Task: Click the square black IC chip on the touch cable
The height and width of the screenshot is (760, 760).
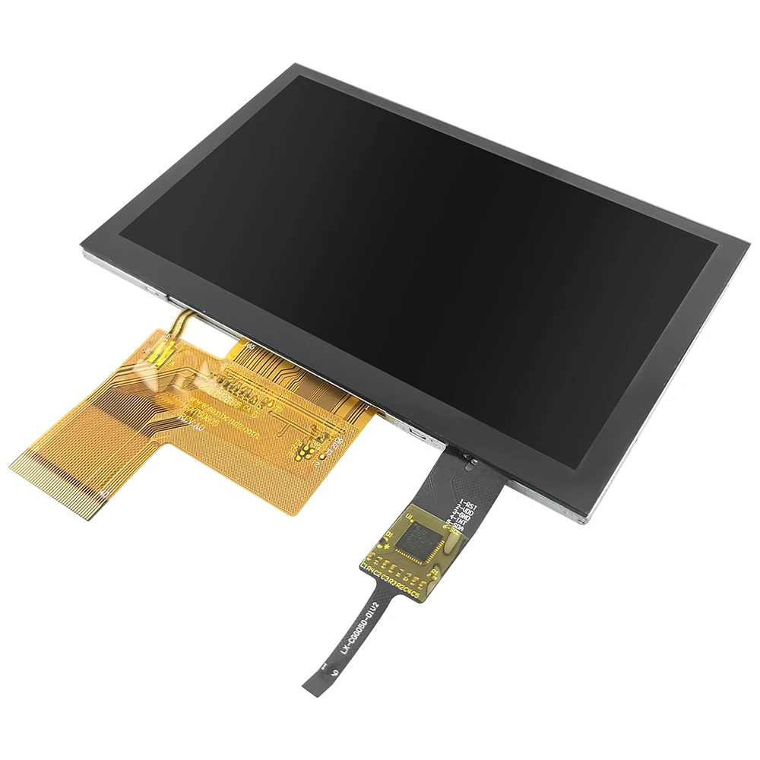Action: point(417,539)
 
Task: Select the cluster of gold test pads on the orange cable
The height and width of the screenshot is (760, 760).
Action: point(305,450)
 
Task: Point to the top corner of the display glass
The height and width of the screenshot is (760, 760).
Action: point(295,65)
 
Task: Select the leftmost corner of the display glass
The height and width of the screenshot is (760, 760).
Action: point(81,245)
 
